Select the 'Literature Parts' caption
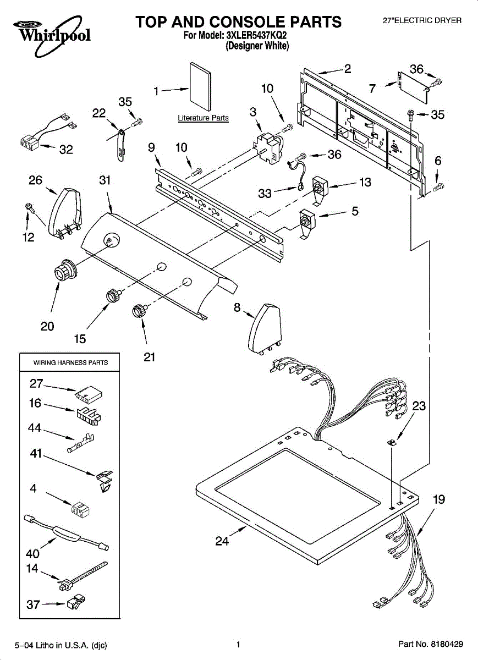[x=203, y=118]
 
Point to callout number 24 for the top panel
[x=222, y=541]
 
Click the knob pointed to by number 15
[x=113, y=295]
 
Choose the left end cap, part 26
[x=64, y=210]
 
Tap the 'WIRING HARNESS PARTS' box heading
[x=70, y=362]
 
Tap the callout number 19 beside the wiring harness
[x=438, y=500]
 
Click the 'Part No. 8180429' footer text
[x=430, y=644]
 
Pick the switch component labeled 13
[x=320, y=188]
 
